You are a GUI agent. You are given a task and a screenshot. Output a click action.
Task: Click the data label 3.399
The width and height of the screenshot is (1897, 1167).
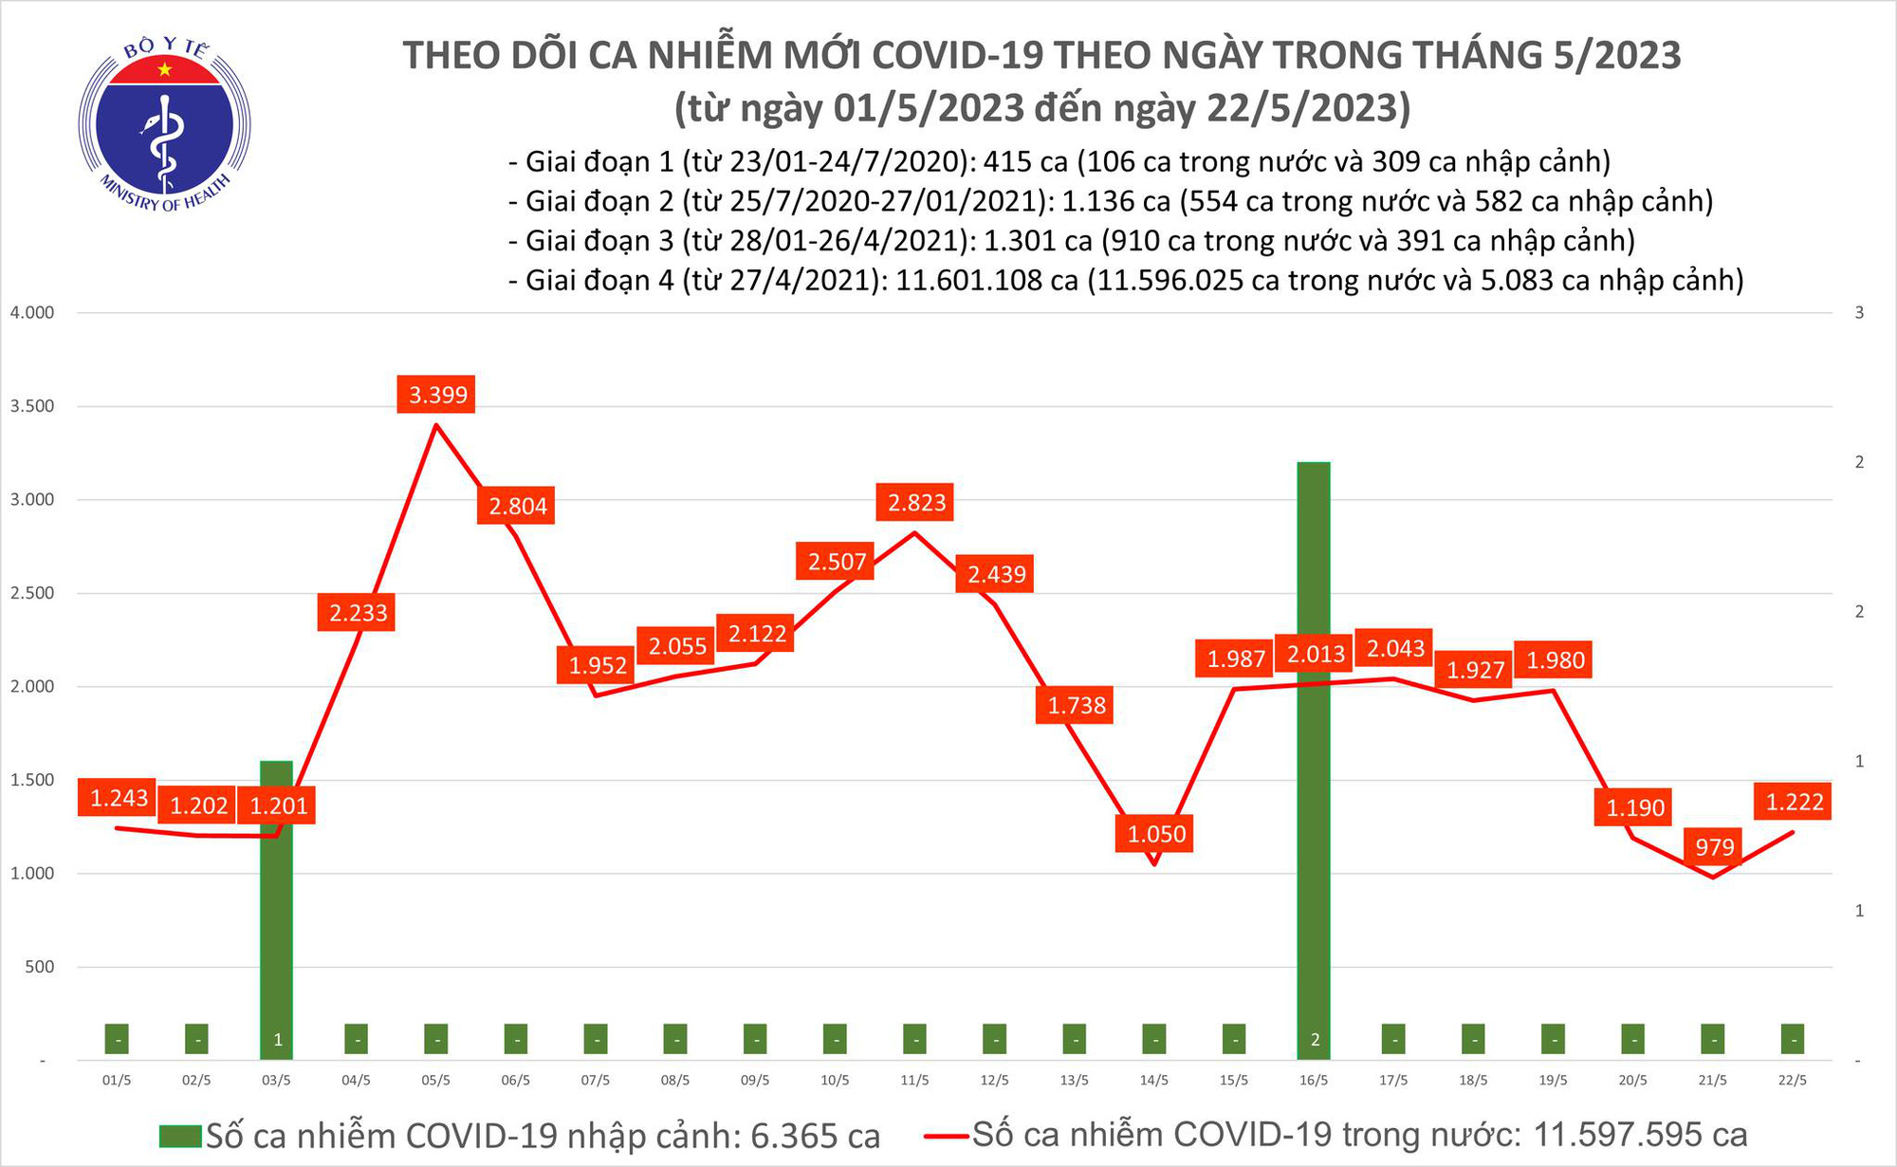pos(437,394)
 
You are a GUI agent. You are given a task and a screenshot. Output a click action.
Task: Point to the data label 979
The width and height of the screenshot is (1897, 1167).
pos(1714,846)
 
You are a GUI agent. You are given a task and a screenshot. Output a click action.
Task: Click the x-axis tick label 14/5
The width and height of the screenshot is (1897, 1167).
pos(1153,1081)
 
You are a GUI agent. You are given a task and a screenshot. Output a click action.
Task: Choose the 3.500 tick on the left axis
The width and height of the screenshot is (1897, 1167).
pos(31,406)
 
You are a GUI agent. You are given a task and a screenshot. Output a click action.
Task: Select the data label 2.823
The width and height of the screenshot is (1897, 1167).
pos(916,502)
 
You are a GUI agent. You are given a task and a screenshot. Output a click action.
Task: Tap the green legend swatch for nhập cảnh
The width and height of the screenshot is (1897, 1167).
pos(180,1136)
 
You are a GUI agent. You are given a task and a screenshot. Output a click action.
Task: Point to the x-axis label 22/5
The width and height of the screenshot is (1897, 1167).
pos(1792,1081)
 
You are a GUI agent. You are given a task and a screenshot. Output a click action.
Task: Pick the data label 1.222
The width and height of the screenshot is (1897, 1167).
pos(1794,802)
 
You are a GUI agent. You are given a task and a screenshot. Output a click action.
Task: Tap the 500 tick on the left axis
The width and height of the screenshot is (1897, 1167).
pos(39,967)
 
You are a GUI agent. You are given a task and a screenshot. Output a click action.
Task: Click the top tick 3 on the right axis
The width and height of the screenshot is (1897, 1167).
pos(1859,313)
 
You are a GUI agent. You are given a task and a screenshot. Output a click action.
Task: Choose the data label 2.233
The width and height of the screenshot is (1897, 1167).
pos(359,613)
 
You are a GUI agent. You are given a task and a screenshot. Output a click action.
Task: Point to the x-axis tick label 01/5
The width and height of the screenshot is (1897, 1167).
pos(116,1081)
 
